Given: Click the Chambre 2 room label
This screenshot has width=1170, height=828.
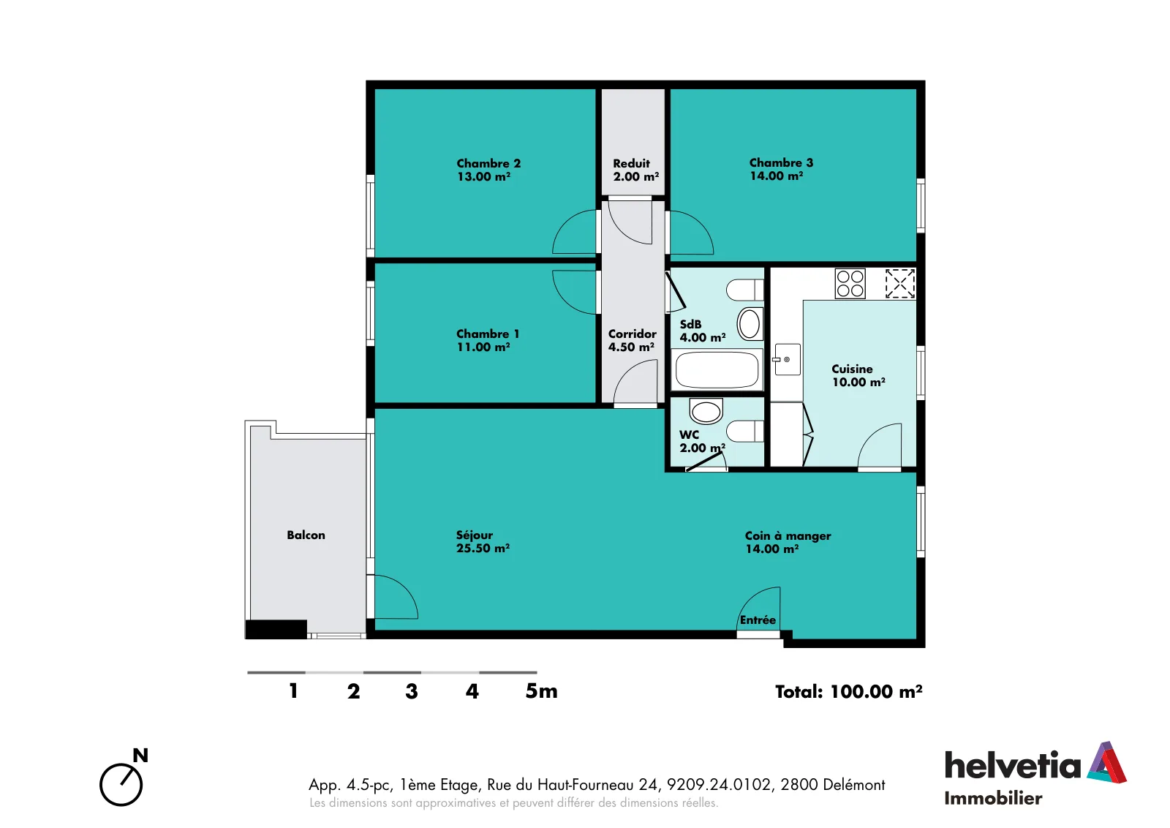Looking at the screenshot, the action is point(488,170).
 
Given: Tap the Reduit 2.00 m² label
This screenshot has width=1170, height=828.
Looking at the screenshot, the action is point(635,170).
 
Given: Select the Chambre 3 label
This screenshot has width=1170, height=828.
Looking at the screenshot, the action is point(781,169).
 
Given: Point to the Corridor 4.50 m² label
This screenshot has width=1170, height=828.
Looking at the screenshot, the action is point(632,340).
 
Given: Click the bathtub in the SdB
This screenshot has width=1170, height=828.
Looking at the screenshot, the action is point(717,370).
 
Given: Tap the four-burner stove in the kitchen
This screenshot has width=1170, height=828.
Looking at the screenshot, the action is point(850,284).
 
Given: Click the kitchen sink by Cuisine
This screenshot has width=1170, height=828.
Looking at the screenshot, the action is point(787,359).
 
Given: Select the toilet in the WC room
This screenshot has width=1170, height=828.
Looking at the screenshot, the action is point(744,431).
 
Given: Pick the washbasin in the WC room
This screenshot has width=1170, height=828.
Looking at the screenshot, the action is point(706,410).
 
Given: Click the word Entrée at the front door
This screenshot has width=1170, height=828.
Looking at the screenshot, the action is point(758,620).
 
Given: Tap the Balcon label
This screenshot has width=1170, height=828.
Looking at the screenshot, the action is point(306,535).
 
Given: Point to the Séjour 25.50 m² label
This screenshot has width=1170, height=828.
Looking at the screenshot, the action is point(483,541).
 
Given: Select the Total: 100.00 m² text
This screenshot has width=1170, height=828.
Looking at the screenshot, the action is point(848,692).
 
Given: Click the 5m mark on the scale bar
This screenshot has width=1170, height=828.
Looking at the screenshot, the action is point(541,691).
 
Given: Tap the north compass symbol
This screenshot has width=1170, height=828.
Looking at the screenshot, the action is point(124,778).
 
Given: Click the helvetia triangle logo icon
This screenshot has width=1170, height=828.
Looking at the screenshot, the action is point(1106,762).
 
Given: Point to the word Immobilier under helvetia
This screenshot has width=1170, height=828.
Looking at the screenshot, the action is point(993,798).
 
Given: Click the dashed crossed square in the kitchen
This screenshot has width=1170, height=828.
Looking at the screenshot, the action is point(900,284).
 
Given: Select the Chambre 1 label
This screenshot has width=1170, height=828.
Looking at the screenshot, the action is point(488,340).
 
